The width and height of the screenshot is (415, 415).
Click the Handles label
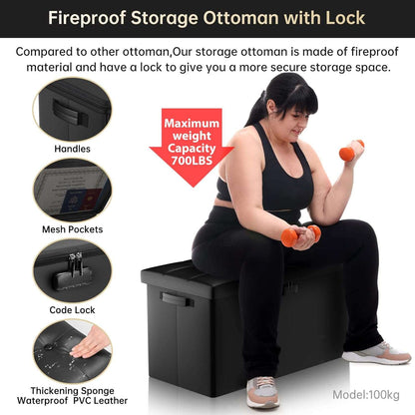coord(72,149)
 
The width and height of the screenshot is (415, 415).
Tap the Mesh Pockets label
coord(72,227)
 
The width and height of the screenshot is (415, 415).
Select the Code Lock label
coord(72,308)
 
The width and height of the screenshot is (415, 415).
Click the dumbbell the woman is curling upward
coord(351,151)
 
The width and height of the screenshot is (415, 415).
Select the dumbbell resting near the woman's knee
coord(298,235)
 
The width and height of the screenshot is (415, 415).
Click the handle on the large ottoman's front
coord(176,297)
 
